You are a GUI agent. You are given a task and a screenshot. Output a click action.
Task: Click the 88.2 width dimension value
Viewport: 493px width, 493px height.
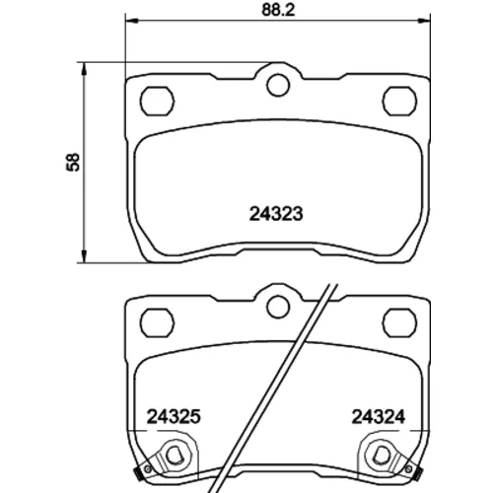[x=278, y=10]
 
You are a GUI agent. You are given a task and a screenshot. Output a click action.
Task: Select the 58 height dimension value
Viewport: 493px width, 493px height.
[x=73, y=162]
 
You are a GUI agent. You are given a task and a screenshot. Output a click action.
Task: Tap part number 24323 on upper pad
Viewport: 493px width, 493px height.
[x=276, y=214]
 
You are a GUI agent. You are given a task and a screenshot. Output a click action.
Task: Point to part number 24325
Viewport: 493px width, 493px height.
[x=174, y=417]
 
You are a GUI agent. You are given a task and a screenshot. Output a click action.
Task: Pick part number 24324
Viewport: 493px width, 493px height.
[x=379, y=417]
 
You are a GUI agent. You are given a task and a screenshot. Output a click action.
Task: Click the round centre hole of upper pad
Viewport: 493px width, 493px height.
[x=278, y=85]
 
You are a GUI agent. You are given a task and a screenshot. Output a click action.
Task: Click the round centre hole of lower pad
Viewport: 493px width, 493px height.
[x=278, y=307]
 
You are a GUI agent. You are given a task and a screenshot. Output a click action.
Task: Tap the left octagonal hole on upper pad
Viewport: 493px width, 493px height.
[x=157, y=101]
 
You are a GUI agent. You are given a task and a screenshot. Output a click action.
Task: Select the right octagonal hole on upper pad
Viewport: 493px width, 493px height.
[x=400, y=101]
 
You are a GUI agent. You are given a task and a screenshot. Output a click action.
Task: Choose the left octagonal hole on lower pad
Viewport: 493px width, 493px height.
[x=157, y=322]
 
